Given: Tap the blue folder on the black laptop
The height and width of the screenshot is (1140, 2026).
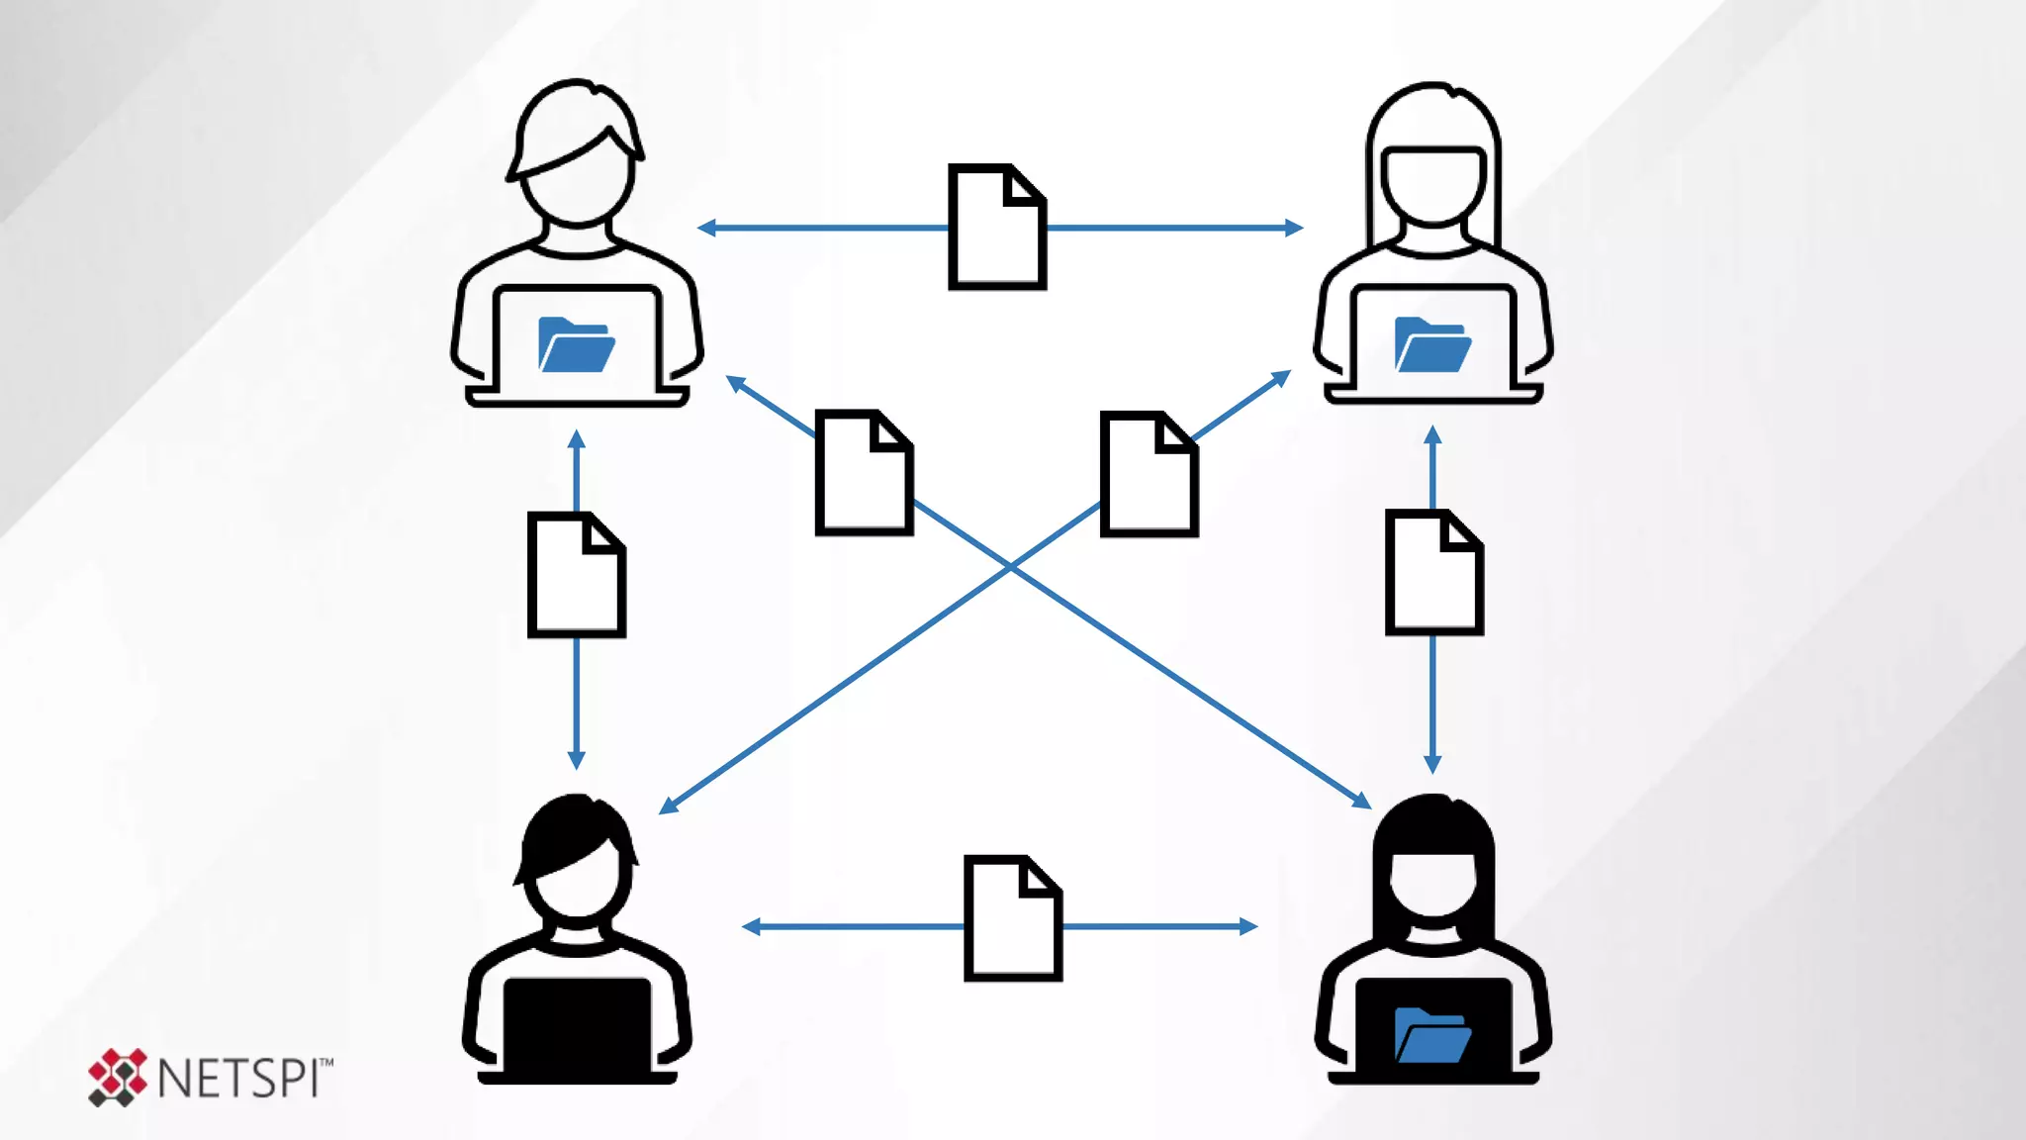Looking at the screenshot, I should coord(1431,1035).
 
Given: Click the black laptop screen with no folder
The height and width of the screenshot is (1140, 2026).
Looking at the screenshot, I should coord(577,1025).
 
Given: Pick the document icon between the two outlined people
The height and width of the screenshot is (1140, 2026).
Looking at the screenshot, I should coord(997,228).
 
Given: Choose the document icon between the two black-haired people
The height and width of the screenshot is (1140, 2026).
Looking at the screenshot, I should coord(1013,918).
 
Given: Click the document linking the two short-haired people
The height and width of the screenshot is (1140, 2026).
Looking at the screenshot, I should coord(577,575).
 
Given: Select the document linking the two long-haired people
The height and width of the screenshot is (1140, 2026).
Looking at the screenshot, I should coord(1433,572).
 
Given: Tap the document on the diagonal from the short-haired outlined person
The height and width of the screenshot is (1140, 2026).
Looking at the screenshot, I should coord(864,473).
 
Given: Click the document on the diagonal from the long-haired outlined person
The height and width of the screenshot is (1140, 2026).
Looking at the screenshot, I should coord(1149,474).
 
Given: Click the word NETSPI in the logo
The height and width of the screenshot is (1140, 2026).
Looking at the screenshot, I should coord(237,1079).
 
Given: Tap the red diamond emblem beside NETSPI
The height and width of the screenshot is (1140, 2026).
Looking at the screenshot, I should coord(117,1077).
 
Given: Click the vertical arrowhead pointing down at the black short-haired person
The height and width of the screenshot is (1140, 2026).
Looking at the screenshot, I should coord(577,760).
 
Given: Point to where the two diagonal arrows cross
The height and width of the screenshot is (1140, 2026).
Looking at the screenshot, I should coord(1010,566).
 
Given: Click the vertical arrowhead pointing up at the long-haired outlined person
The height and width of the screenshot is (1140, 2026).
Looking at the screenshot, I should coord(1432,435).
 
